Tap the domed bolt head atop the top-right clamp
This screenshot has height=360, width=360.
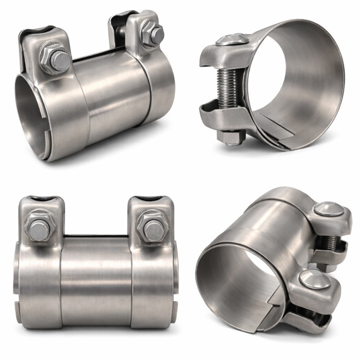pyautogui.click(x=232, y=40)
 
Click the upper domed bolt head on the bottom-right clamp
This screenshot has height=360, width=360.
pyautogui.click(x=328, y=210)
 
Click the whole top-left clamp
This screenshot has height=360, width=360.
pyautogui.click(x=95, y=85)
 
